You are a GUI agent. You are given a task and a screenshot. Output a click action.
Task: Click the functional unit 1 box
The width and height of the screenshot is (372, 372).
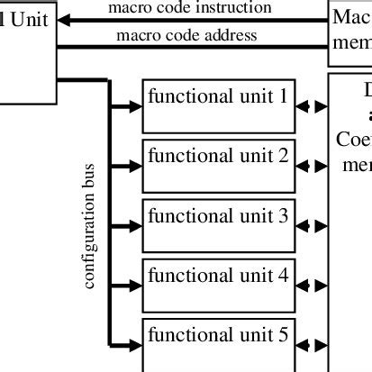click(219, 105)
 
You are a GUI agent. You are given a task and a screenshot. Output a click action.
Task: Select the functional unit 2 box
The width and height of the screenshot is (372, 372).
click(219, 166)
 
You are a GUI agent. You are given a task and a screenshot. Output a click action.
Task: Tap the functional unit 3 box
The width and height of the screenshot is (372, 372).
click(219, 225)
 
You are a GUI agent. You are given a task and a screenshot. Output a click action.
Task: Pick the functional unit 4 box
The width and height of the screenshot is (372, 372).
click(219, 285)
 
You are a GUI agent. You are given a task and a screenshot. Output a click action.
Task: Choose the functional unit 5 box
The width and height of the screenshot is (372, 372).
click(219, 343)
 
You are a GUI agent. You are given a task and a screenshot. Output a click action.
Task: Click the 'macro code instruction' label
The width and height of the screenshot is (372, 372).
click(190, 8)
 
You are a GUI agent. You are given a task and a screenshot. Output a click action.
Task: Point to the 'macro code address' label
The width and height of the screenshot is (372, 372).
click(186, 36)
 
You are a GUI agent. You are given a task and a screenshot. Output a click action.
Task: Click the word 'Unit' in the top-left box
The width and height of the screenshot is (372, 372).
click(27, 19)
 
